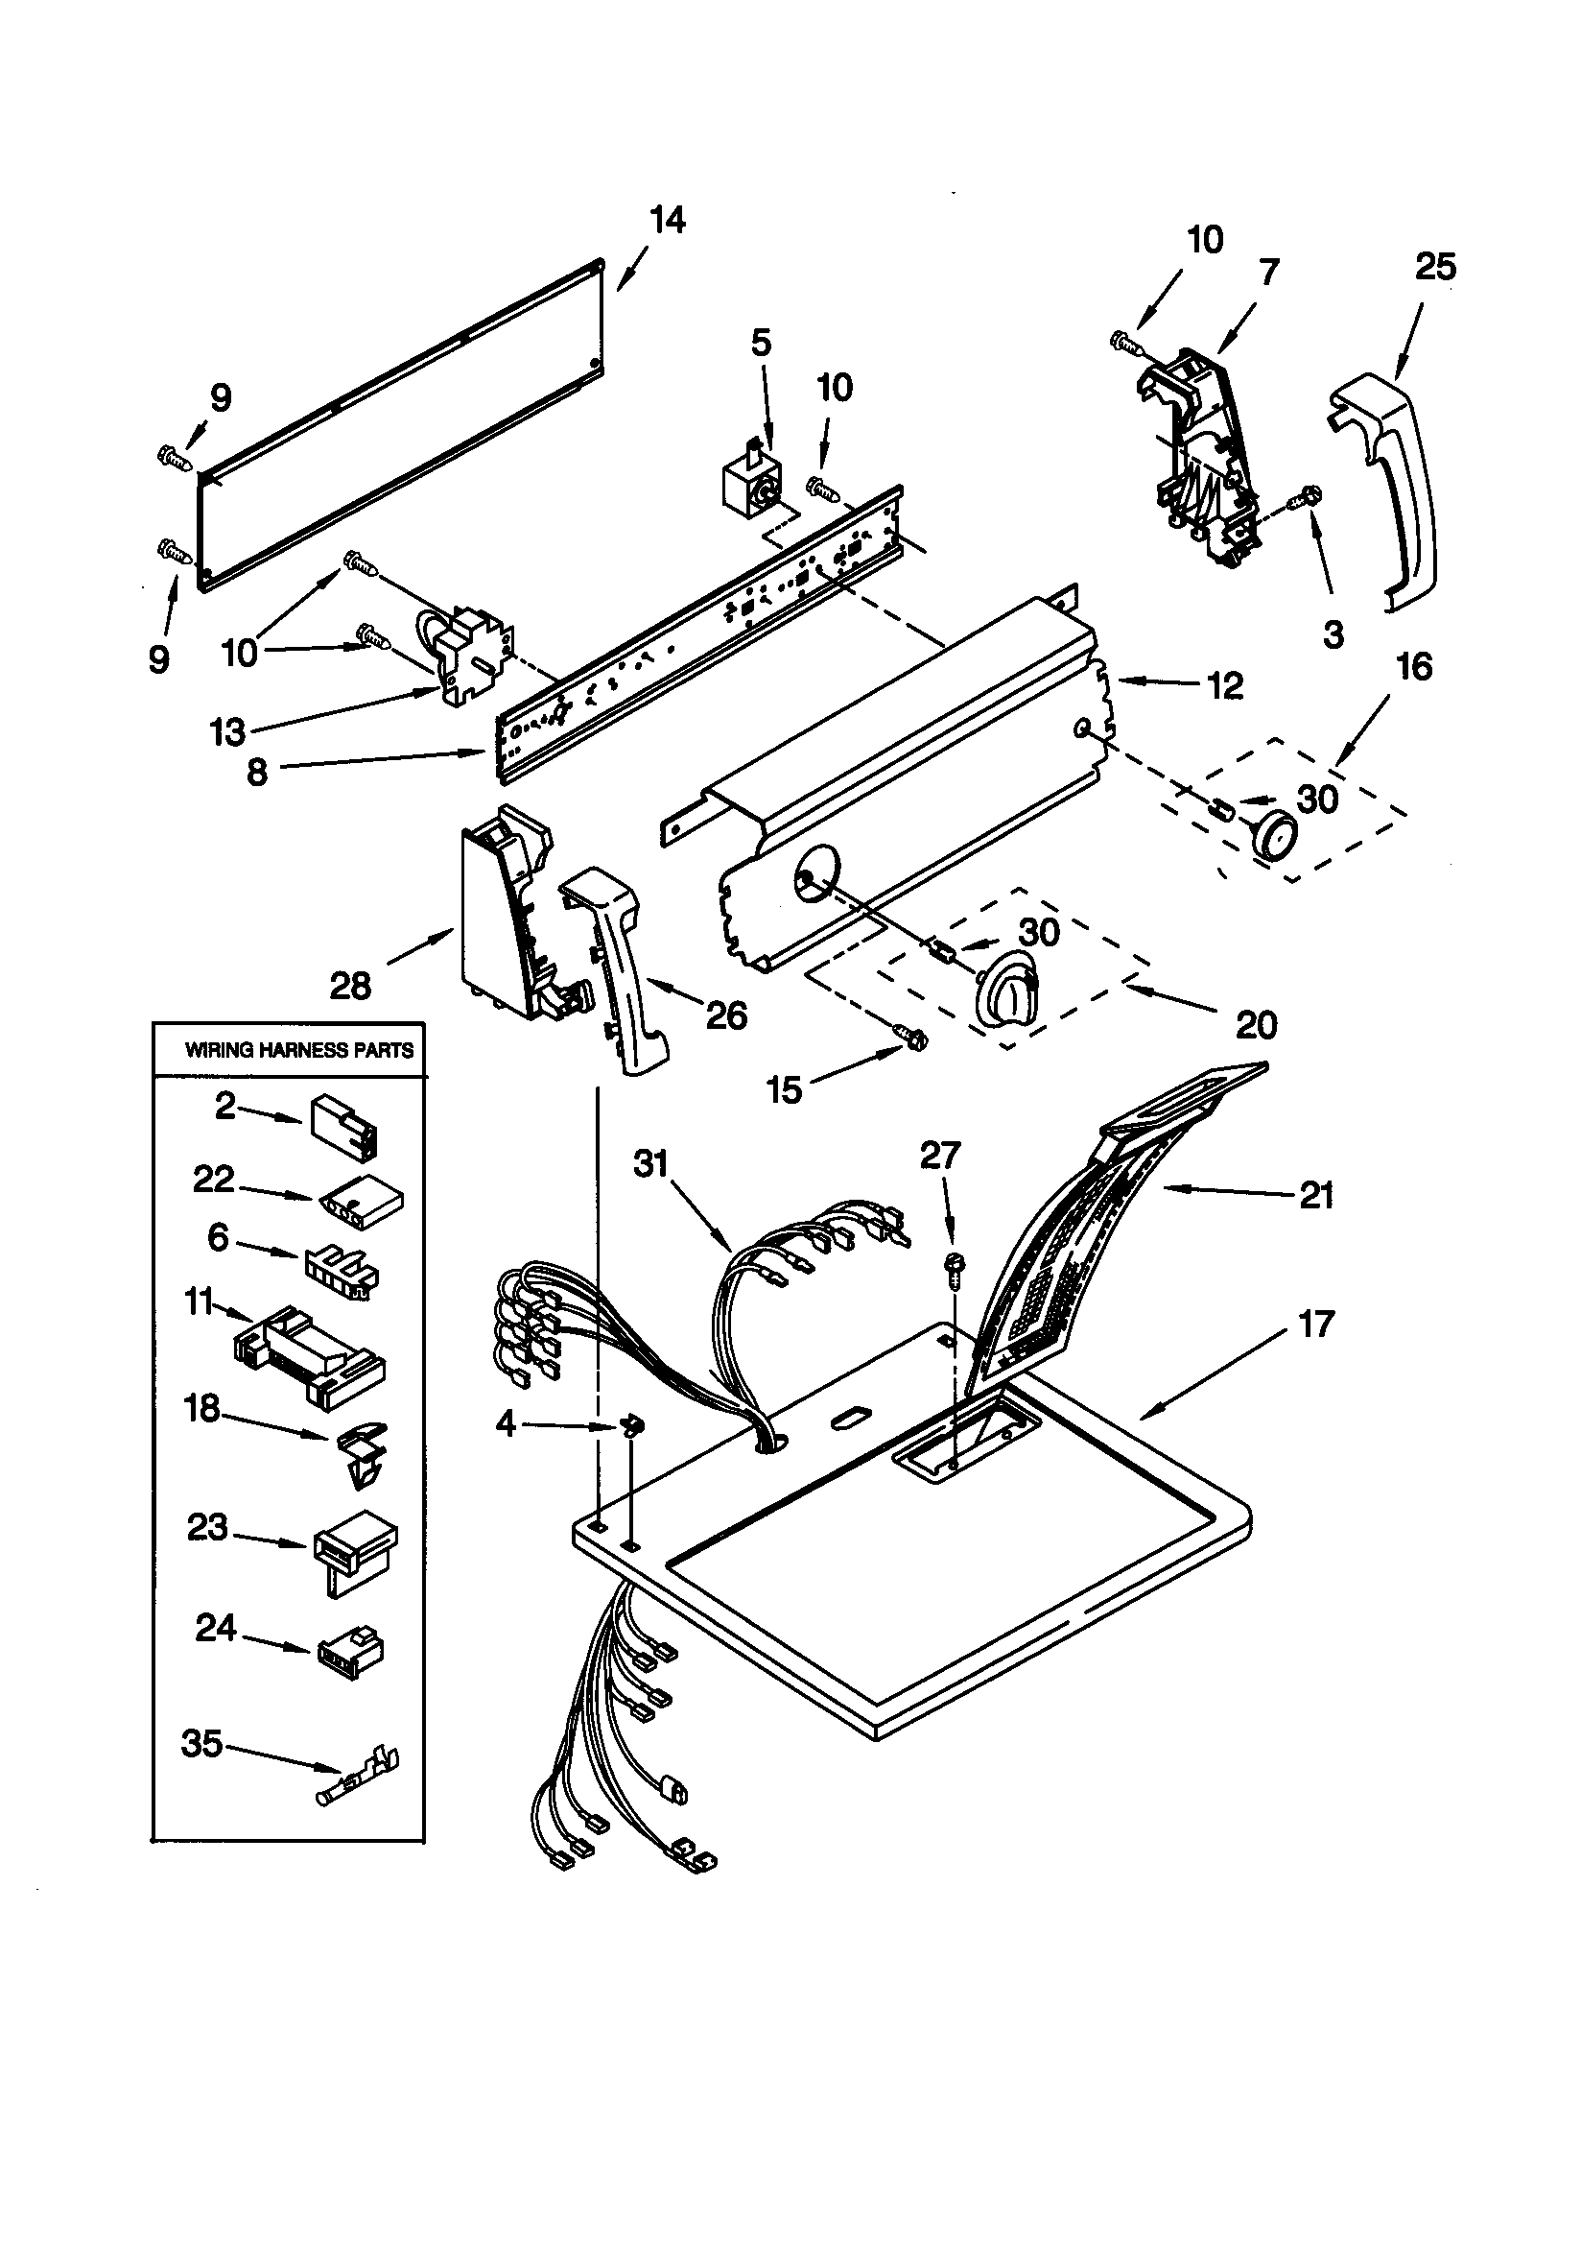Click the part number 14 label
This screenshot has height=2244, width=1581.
tap(668, 221)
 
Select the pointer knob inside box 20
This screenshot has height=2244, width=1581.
tap(1004, 996)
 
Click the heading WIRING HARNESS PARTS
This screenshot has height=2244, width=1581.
tap(299, 1051)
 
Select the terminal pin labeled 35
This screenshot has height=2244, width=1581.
tap(359, 1788)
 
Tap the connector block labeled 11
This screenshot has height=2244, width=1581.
tap(309, 1355)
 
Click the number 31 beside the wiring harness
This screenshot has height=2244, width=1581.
tap(650, 1163)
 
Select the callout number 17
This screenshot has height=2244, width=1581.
tap(1315, 1325)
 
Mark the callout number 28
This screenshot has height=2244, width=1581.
tap(350, 985)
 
